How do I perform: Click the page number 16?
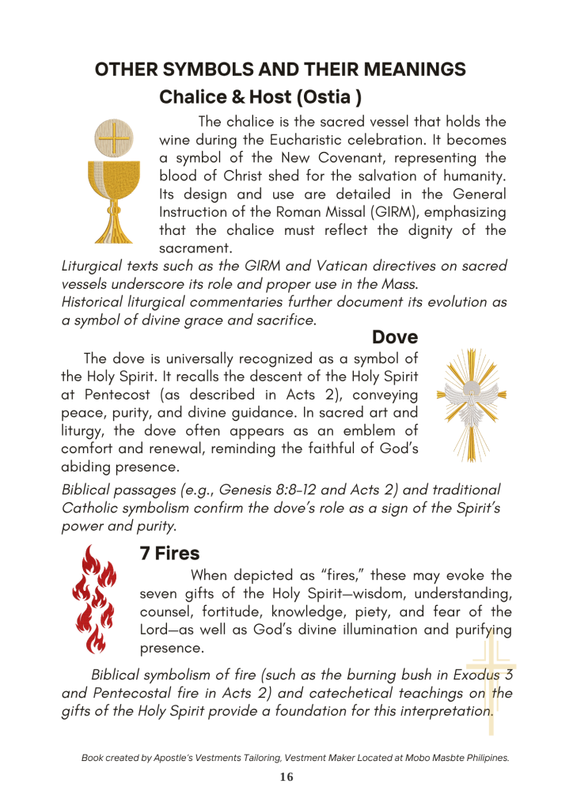click(x=286, y=778)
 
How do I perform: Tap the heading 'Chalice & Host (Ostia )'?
click(x=260, y=97)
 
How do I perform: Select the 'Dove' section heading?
click(x=395, y=338)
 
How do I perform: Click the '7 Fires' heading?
click(x=169, y=554)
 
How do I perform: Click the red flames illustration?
click(x=94, y=599)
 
